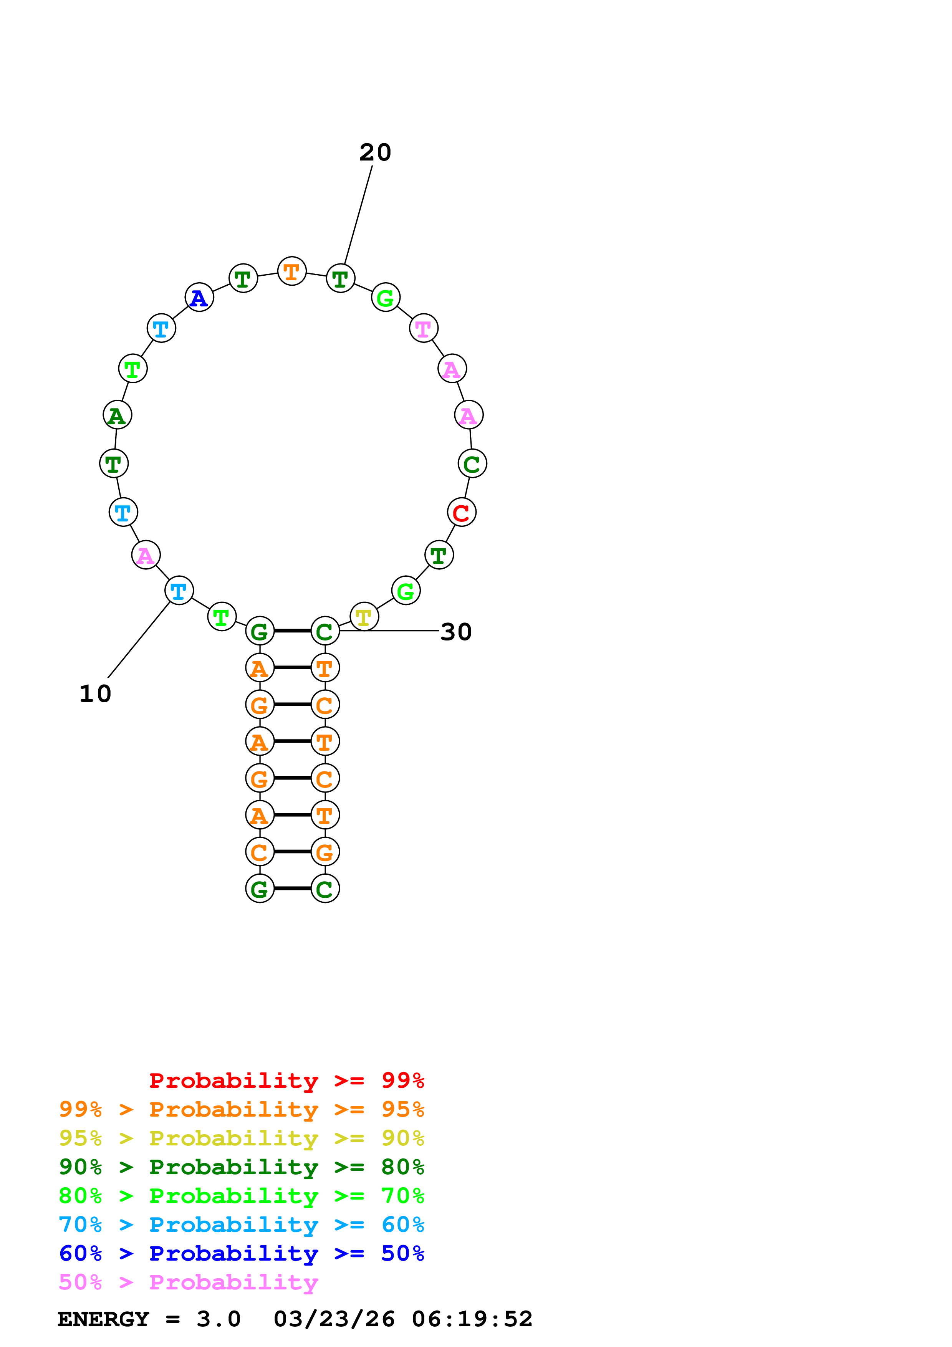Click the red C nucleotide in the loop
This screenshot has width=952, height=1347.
point(461,512)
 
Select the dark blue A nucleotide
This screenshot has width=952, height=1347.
point(199,298)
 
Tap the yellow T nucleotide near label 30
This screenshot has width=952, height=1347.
point(364,617)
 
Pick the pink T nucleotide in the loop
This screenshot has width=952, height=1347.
point(423,329)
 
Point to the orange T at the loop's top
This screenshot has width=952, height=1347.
point(291,271)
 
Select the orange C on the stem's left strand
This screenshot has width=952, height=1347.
point(259,852)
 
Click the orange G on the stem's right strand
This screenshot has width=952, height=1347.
point(325,852)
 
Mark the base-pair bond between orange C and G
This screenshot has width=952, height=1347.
point(292,851)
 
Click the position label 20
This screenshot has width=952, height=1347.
point(375,152)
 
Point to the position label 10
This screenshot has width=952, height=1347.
point(95,694)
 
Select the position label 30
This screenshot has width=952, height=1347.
point(456,632)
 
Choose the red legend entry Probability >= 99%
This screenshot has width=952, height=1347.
point(286,1081)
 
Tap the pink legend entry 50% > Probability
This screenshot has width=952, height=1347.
point(188,1282)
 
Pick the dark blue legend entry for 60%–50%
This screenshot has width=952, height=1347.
point(241,1254)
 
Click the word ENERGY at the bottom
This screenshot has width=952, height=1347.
point(103,1319)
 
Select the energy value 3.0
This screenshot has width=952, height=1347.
point(218,1319)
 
